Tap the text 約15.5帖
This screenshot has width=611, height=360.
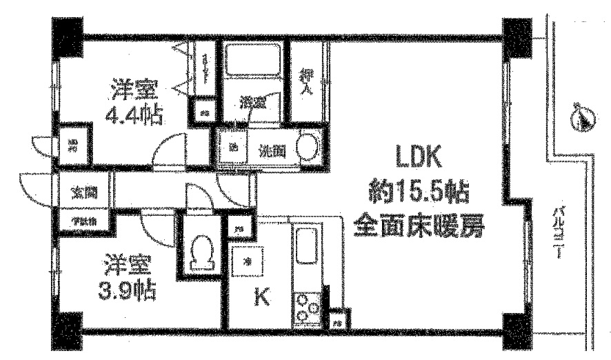pos(419,192)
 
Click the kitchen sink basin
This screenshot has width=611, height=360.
pos(305,247)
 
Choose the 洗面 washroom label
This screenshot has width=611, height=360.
pos(271,150)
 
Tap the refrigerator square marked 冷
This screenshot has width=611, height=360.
pos(246,258)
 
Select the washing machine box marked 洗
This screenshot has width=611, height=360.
pos(232,147)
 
